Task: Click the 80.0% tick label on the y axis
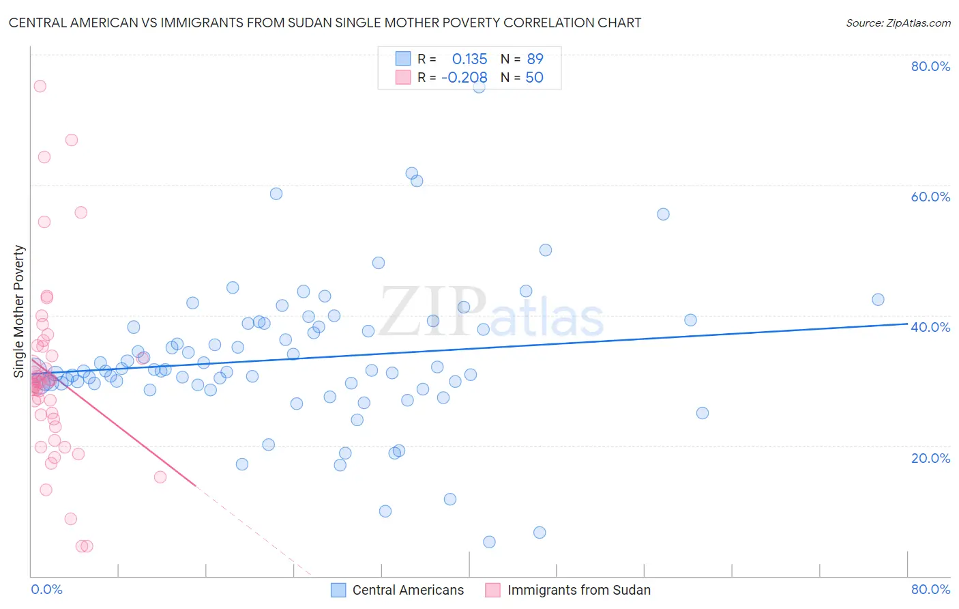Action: [930, 66]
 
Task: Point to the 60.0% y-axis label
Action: [930, 197]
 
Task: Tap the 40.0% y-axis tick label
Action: [930, 327]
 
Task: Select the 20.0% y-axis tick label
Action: [930, 457]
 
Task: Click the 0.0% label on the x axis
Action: [46, 589]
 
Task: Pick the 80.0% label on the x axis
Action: [930, 589]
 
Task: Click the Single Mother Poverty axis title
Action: [19, 311]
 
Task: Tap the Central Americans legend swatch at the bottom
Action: [338, 590]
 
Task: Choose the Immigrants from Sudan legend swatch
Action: [492, 590]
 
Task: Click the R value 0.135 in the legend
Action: [469, 59]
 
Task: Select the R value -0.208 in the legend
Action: [464, 78]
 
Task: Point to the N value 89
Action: [535, 59]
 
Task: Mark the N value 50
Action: [535, 78]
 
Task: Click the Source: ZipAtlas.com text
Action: [898, 23]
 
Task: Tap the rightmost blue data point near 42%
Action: [878, 300]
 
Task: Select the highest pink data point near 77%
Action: [40, 86]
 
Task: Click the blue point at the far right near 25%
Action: [703, 413]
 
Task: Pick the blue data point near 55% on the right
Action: [663, 214]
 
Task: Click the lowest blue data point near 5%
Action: [489, 542]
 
